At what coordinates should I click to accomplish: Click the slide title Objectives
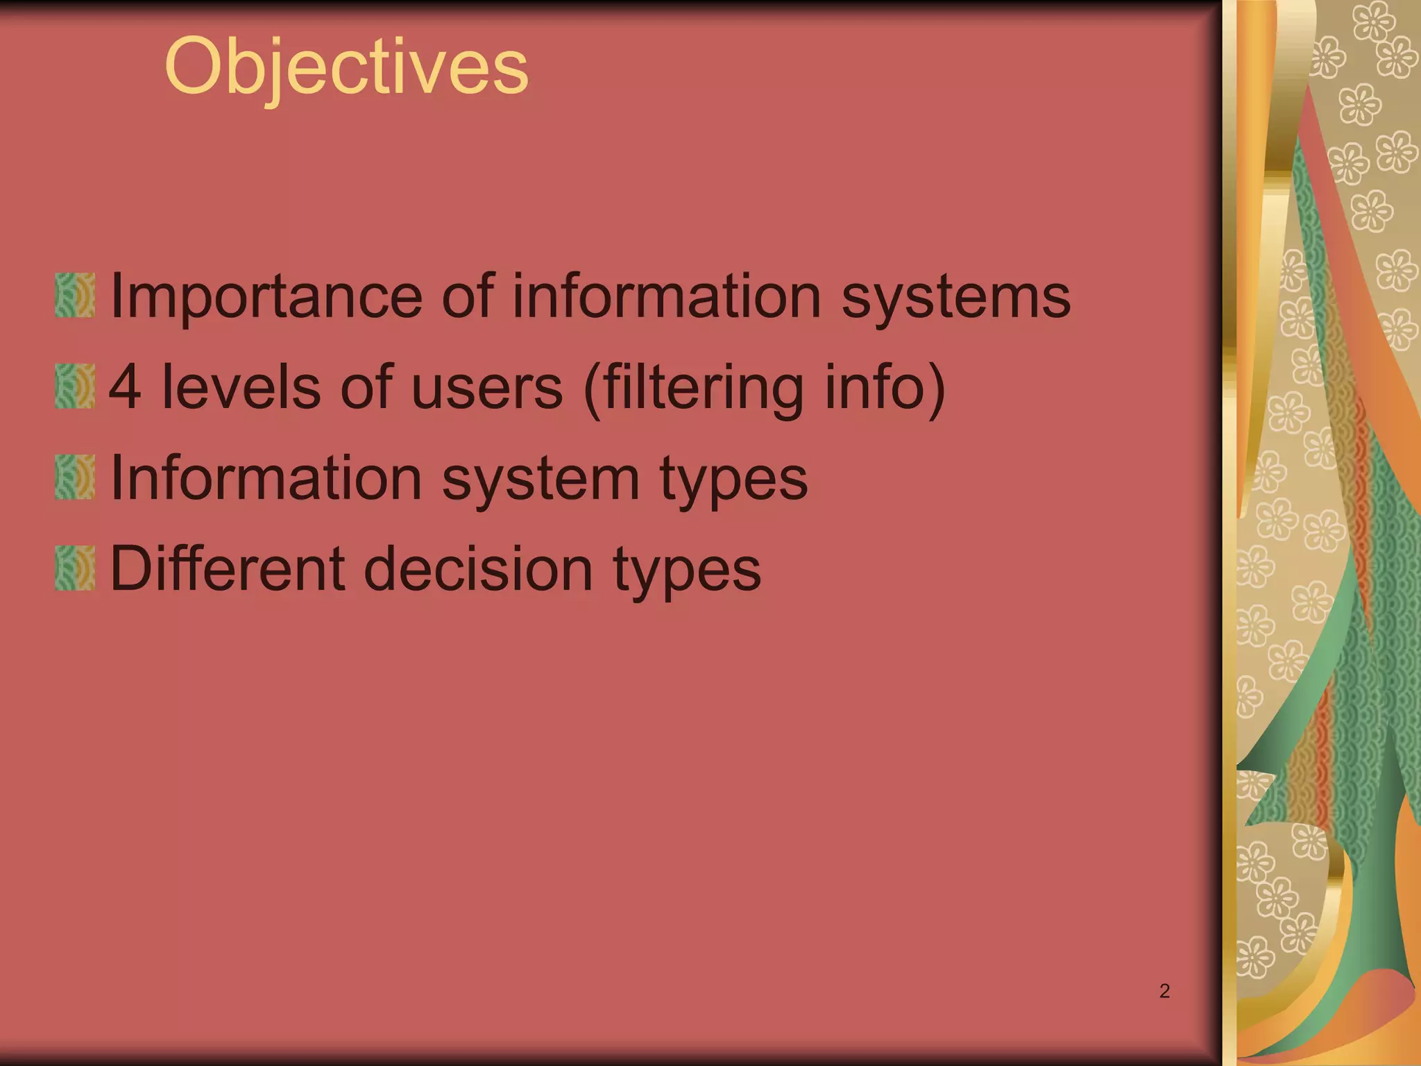pyautogui.click(x=346, y=68)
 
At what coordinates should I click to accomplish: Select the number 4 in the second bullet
pyautogui.click(x=126, y=387)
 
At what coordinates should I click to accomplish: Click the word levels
pyautogui.click(x=241, y=387)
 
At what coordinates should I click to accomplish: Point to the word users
pyautogui.click(x=486, y=387)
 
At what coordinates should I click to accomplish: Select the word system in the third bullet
pyautogui.click(x=541, y=479)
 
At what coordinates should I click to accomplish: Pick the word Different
pyautogui.click(x=227, y=569)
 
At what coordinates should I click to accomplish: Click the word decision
pyautogui.click(x=478, y=569)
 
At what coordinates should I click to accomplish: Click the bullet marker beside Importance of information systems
pyautogui.click(x=75, y=296)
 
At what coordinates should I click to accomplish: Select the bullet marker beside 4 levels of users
pyautogui.click(x=75, y=387)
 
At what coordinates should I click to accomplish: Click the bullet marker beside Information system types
pyautogui.click(x=75, y=477)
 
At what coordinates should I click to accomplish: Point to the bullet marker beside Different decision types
pyautogui.click(x=75, y=568)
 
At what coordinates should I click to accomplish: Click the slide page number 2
pyautogui.click(x=1164, y=991)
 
